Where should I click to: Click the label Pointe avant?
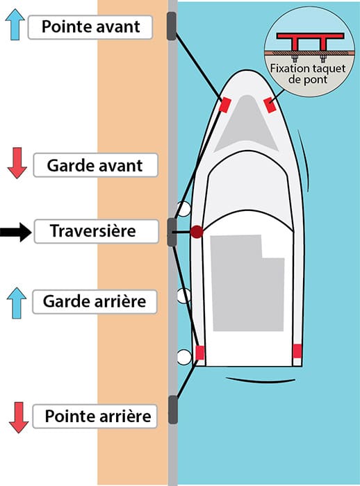point(90,27)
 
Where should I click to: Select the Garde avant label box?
point(95,165)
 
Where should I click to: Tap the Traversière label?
point(96,231)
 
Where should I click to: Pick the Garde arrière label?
point(95,301)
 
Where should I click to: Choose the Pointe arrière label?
point(95,417)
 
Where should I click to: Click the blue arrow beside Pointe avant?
point(15,24)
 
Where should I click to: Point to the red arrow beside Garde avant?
point(17,162)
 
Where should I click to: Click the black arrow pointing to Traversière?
point(15,232)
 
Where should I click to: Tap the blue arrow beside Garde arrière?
point(17,303)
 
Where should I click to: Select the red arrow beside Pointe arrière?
point(19,417)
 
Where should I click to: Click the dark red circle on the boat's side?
point(197,231)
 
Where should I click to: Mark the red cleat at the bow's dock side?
point(224,104)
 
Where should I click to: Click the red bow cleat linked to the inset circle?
point(270,105)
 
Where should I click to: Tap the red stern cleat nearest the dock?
point(200,353)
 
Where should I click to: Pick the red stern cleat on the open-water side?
point(297,351)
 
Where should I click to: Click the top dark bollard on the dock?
point(172,26)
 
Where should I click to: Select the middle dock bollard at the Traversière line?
point(172,232)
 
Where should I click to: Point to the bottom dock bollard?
point(173,410)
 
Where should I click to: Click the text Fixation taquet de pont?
point(308,74)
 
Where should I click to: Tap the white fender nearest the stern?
point(183,357)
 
